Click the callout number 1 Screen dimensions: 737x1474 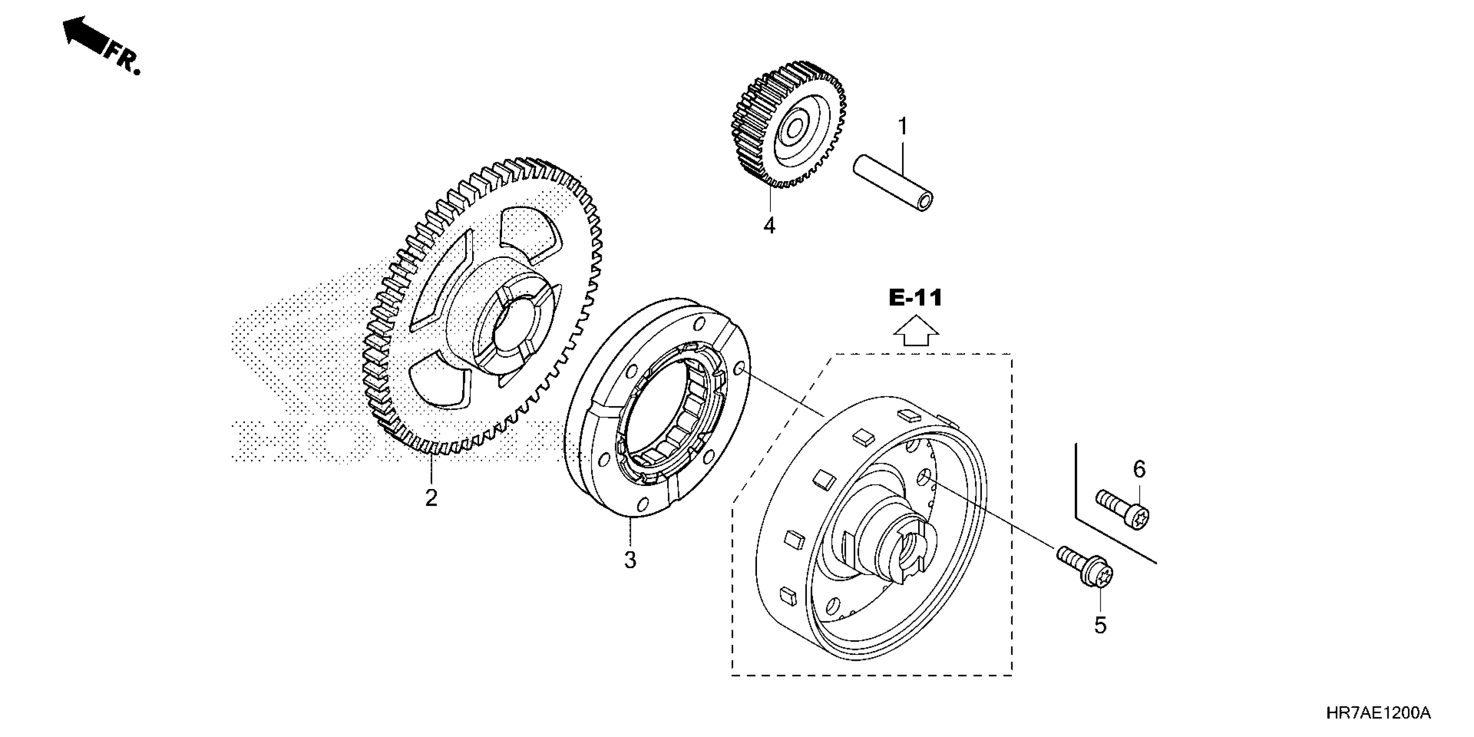902,127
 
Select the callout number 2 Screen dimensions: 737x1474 431,498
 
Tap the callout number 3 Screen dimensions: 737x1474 630,560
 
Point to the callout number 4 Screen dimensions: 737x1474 770,226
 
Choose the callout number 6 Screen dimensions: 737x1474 1139,470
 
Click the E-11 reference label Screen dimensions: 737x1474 916,298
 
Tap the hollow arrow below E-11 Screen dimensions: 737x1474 916,333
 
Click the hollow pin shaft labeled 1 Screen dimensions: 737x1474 893,183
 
